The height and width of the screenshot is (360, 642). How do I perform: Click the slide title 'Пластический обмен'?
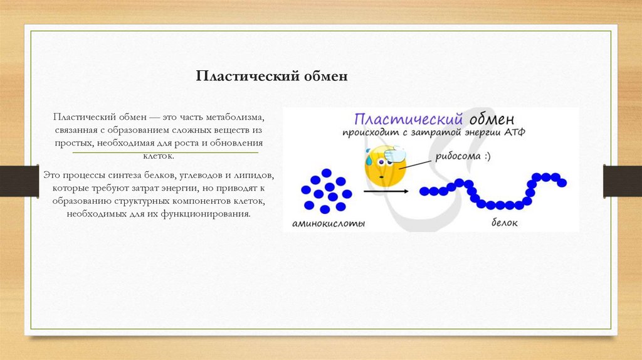tap(271, 77)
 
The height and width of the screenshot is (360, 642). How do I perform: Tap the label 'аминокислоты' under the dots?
tap(328, 223)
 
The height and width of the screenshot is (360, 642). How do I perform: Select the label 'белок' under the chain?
tap(504, 223)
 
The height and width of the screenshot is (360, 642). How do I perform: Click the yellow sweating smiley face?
tap(384, 166)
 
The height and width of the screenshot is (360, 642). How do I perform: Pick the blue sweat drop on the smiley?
tap(370, 161)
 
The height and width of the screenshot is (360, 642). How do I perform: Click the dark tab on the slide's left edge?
tap(12, 181)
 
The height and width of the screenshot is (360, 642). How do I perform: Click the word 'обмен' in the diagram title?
tap(492, 119)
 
